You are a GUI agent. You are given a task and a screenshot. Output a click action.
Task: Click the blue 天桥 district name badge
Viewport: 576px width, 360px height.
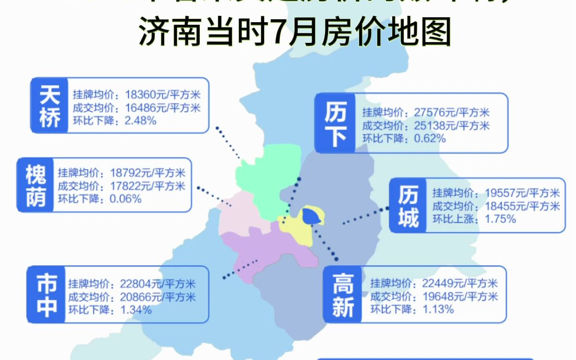point(49,105)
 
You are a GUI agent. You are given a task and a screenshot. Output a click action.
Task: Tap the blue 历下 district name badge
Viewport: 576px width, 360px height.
point(335,123)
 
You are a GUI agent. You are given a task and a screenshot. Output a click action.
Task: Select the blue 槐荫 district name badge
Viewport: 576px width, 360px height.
point(36,185)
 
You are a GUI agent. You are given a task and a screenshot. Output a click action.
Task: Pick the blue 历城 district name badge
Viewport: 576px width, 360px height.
point(408,205)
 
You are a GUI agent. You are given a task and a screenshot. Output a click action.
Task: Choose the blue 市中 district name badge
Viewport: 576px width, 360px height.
point(46,294)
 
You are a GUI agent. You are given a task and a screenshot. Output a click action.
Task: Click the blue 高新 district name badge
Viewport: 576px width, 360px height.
point(343,295)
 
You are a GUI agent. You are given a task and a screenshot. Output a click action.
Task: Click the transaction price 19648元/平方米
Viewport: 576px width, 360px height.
point(460,296)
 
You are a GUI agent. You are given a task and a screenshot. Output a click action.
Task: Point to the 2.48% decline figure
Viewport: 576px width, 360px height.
point(141,120)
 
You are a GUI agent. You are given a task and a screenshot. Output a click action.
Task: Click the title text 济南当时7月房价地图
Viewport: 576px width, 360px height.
point(295,33)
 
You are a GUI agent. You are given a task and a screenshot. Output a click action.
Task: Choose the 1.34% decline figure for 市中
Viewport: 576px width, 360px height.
point(135,310)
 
